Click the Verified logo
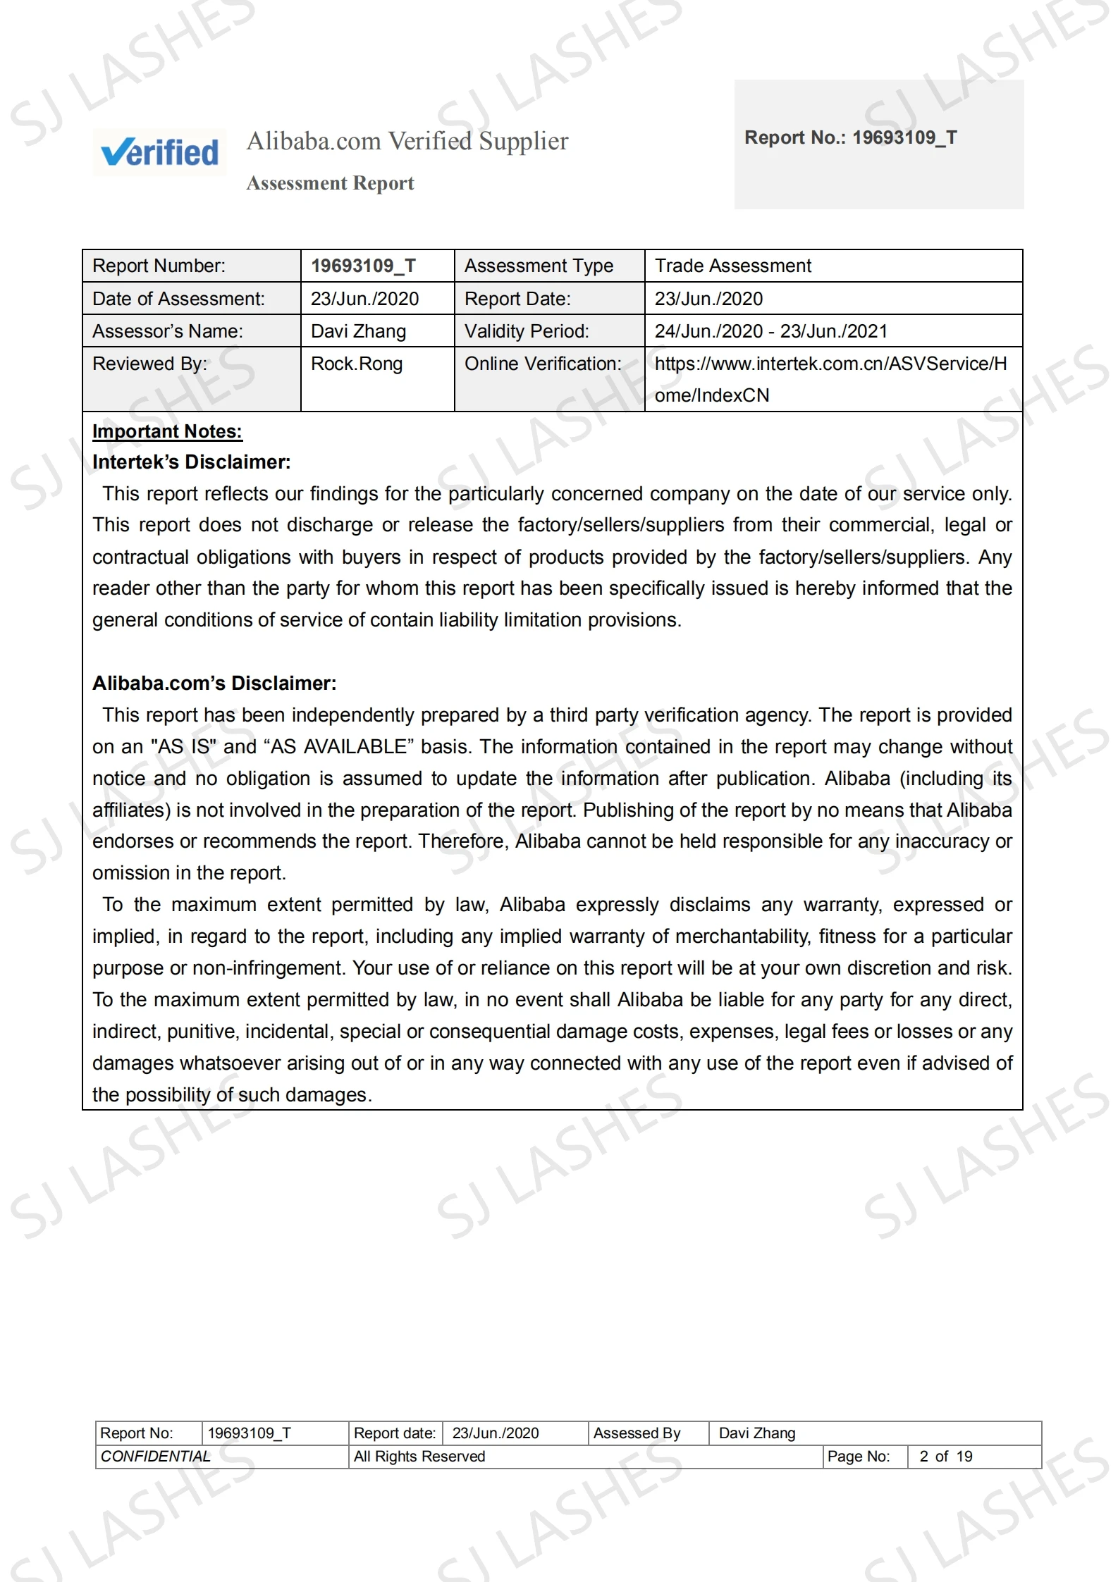click(x=159, y=152)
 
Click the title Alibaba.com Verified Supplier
click(x=407, y=141)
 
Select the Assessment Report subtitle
click(x=330, y=183)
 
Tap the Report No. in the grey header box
click(x=850, y=137)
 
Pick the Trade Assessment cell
click(x=732, y=266)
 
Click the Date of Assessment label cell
click(x=178, y=299)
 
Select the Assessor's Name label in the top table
click(x=168, y=331)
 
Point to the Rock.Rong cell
click(x=357, y=364)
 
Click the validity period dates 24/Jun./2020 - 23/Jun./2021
click(x=770, y=331)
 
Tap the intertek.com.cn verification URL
click(x=830, y=378)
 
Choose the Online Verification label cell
click(x=543, y=364)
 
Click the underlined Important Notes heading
click(x=167, y=431)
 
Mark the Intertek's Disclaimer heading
click(x=191, y=462)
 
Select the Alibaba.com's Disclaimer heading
click(x=214, y=683)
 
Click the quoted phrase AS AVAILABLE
click(x=338, y=747)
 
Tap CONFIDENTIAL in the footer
click(x=155, y=1457)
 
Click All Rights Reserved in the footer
click(x=419, y=1457)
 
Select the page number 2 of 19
click(x=945, y=1457)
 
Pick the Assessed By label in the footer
click(x=637, y=1433)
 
